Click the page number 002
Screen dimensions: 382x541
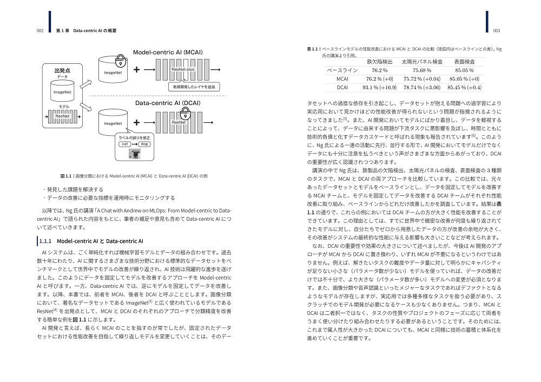click(x=39, y=30)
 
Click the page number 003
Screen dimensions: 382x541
click(x=496, y=30)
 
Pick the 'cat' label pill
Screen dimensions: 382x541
click(x=125, y=144)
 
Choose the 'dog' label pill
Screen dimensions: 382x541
click(x=144, y=144)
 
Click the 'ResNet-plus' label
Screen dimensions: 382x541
click(x=182, y=69)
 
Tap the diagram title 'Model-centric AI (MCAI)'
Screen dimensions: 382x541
click(x=168, y=52)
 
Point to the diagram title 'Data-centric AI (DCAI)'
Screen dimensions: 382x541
click(x=168, y=102)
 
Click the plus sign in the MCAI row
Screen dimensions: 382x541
click(x=136, y=69)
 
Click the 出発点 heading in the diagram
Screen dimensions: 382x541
click(x=62, y=71)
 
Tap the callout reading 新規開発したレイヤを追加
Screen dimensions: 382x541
click(x=194, y=87)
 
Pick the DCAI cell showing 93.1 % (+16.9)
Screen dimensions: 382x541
click(x=379, y=87)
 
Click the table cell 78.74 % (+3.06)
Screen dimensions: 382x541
click(x=422, y=87)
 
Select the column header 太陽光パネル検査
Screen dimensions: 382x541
click(x=422, y=62)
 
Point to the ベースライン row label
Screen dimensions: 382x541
click(x=342, y=70)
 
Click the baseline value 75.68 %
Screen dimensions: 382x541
click(x=422, y=70)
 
